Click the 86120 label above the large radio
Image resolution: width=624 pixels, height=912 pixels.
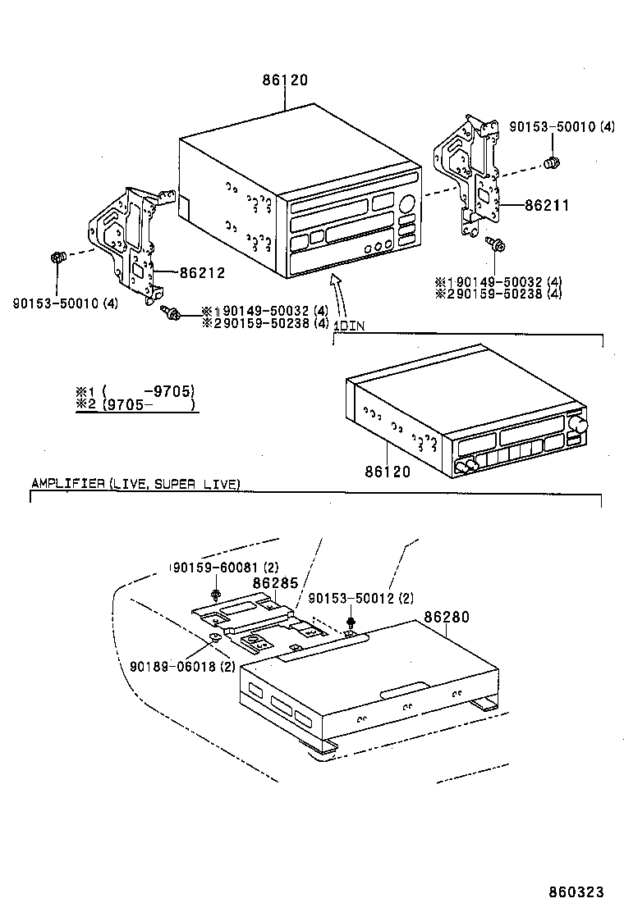285,81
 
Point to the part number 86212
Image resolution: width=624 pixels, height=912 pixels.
201,272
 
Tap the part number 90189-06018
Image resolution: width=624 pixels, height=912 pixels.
172,667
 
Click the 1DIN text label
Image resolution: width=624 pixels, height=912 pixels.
350,326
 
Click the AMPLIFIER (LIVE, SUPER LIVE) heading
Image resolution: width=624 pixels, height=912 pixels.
135,484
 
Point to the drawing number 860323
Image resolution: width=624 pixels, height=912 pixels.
576,891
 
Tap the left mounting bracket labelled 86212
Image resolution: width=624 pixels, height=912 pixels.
127,242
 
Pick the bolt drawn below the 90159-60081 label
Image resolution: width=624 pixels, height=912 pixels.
215,592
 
